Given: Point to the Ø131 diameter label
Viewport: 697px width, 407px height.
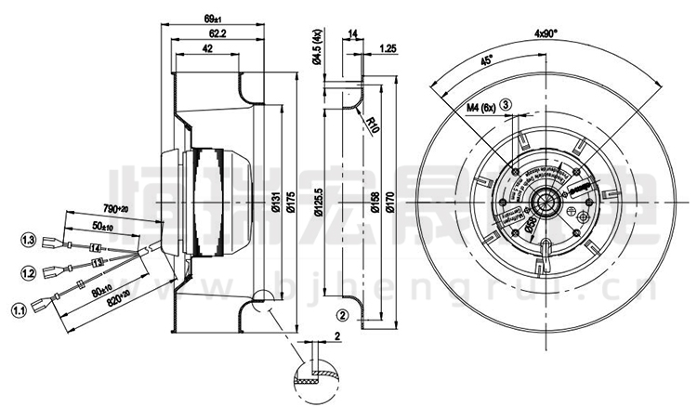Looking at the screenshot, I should (x=277, y=203).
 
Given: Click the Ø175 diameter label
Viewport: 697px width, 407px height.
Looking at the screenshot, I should (x=295, y=203).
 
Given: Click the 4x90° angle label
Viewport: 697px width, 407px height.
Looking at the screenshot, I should (x=545, y=33).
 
